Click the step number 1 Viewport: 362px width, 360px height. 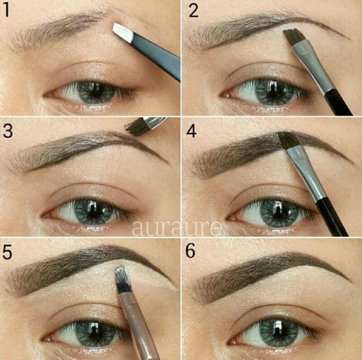6,10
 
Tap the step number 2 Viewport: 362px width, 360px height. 194,10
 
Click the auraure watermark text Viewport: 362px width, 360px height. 177,228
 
